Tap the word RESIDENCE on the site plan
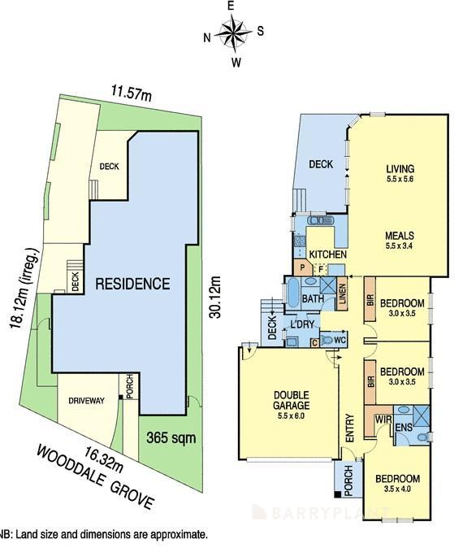point(132,284)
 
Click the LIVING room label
point(400,171)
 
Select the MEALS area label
point(400,236)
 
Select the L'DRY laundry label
point(302,325)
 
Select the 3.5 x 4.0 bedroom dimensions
point(397,489)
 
